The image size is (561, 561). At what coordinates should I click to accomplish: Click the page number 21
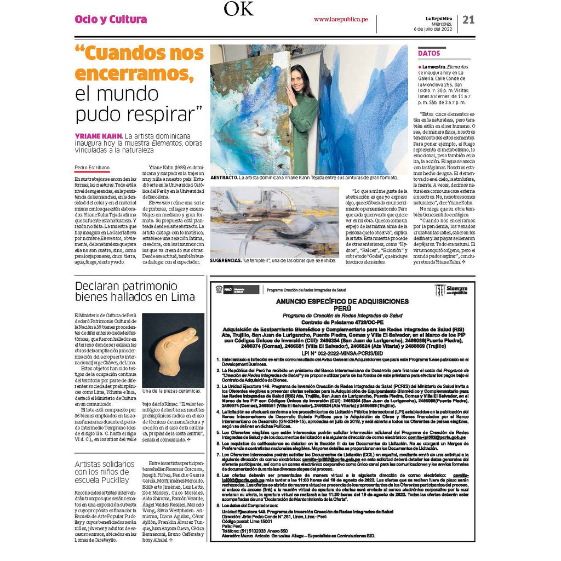click(x=468, y=20)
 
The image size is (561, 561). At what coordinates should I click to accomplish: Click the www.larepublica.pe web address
click(x=340, y=20)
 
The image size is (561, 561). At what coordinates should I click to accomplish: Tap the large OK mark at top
click(x=238, y=9)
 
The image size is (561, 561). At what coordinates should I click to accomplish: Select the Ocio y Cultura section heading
click(x=111, y=20)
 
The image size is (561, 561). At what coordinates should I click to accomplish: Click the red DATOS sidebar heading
click(x=429, y=53)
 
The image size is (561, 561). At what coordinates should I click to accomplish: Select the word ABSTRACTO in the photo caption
click(x=224, y=178)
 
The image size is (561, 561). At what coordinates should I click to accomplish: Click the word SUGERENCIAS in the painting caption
click(x=225, y=261)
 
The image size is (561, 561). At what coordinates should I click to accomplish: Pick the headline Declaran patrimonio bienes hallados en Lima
click(x=135, y=291)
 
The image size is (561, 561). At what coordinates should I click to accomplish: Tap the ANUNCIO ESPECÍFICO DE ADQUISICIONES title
click(x=342, y=301)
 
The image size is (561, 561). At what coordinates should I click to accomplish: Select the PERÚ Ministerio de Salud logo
click(x=236, y=289)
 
